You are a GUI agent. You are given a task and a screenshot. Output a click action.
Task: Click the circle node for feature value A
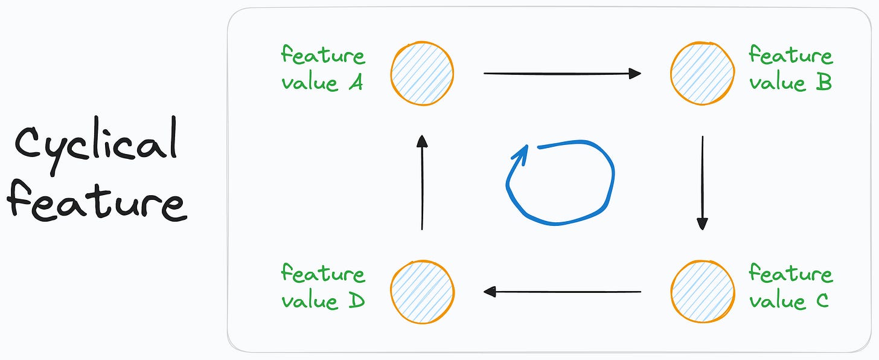pos(422,73)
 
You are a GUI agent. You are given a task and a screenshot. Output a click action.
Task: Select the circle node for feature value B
pos(702,73)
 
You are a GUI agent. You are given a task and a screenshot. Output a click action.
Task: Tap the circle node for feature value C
pos(702,292)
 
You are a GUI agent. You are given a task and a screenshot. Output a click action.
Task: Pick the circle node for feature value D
pos(422,292)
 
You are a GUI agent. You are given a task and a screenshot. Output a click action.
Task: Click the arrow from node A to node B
pos(561,74)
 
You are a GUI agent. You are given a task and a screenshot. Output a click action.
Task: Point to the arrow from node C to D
pos(561,292)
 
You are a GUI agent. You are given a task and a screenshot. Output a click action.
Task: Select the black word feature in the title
pos(97,202)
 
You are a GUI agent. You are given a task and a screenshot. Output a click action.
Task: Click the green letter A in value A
pos(356,83)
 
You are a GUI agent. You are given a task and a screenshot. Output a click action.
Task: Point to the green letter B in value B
pos(823,83)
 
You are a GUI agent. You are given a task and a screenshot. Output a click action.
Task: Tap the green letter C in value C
pos(822,301)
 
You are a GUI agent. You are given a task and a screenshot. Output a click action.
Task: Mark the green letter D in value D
pos(356,301)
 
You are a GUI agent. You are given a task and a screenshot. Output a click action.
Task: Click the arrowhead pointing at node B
pos(634,74)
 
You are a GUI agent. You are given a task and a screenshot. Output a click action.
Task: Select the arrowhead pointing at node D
pos(490,292)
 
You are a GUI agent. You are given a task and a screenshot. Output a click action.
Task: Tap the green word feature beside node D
pos(323,274)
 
